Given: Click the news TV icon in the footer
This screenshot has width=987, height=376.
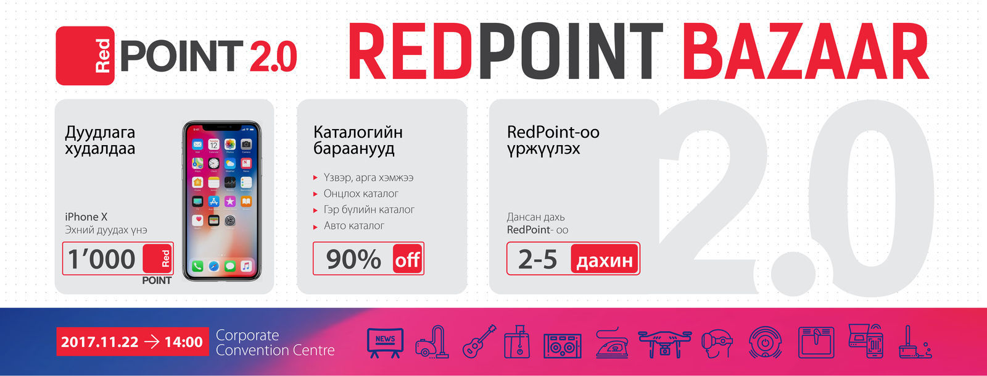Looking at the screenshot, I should pyautogui.click(x=385, y=342).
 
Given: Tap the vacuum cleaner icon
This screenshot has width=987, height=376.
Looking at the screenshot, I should pyautogui.click(x=431, y=343).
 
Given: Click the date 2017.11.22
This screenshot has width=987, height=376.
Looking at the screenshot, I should pyautogui.click(x=100, y=342).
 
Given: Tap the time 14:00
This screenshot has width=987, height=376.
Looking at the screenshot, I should pyautogui.click(x=183, y=342).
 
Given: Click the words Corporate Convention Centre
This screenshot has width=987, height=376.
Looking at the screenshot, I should pyautogui.click(x=275, y=343).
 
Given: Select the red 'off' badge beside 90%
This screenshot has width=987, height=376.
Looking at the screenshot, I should pyautogui.click(x=408, y=260).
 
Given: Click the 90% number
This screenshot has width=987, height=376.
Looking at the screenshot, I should pyautogui.click(x=353, y=259).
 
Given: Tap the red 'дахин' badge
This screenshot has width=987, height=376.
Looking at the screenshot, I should pyautogui.click(x=605, y=260).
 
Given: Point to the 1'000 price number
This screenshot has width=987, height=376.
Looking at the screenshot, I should pyautogui.click(x=102, y=259).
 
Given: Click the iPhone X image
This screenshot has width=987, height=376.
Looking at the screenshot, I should pyautogui.click(x=221, y=201).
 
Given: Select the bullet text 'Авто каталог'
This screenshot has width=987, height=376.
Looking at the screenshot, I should pyautogui.click(x=353, y=226).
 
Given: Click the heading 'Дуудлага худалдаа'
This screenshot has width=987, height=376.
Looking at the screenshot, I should pyautogui.click(x=100, y=140).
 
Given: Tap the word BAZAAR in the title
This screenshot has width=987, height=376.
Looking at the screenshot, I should pyautogui.click(x=805, y=53).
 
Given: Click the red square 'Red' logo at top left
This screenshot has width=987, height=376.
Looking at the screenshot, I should pyautogui.click(x=85, y=56).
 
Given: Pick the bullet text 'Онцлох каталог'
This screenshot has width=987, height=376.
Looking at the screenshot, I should pyautogui.click(x=361, y=194).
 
